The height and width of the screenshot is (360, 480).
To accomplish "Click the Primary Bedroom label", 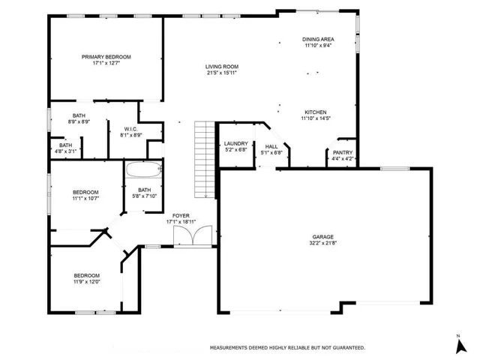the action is pyautogui.click(x=106, y=57).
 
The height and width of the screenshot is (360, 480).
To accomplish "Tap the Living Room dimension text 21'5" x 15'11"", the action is pyautogui.click(x=222, y=73).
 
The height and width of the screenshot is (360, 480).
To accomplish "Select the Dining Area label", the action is pyautogui.click(x=318, y=39).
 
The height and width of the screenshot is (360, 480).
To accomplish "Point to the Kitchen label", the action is pyautogui.click(x=316, y=112).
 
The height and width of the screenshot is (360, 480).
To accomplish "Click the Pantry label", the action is pyautogui.click(x=343, y=152).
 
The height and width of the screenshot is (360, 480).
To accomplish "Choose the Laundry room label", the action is pyautogui.click(x=236, y=143).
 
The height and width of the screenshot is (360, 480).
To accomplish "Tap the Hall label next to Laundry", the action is pyautogui.click(x=271, y=147).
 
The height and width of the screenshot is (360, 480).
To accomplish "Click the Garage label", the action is pyautogui.click(x=323, y=237).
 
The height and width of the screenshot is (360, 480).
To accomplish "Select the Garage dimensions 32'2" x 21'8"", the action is pyautogui.click(x=323, y=243).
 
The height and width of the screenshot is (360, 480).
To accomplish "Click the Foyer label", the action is pyautogui.click(x=181, y=216).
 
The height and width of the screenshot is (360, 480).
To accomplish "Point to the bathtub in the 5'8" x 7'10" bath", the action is pyautogui.click(x=144, y=169).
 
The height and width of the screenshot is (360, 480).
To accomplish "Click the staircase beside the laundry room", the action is pyautogui.click(x=205, y=159).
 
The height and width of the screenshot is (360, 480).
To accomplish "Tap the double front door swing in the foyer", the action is pyautogui.click(x=193, y=235).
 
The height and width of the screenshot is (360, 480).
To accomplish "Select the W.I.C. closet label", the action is pyautogui.click(x=131, y=129).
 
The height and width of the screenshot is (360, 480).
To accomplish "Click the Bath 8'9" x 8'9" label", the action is pyautogui.click(x=79, y=115).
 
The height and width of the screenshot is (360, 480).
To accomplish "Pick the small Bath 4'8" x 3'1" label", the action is pyautogui.click(x=66, y=145).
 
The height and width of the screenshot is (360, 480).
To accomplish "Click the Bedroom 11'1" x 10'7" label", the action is pyautogui.click(x=85, y=192).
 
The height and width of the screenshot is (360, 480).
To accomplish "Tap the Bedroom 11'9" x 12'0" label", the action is pyautogui.click(x=87, y=275).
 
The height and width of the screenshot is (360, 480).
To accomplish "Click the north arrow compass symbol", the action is pyautogui.click(x=461, y=346).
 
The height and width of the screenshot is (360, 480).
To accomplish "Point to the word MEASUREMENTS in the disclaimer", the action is pyautogui.click(x=228, y=348).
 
